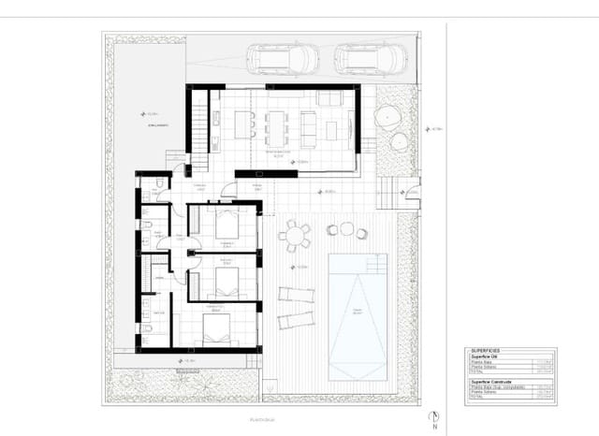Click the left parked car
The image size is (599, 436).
click(x=282, y=59)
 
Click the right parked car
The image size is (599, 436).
click(x=370, y=59)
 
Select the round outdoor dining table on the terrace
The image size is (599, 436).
click(x=294, y=235)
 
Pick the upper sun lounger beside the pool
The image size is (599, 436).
click(x=296, y=294)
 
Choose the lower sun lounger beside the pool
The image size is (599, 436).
click(x=296, y=320)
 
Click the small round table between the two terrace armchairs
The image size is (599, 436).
click(x=347, y=228)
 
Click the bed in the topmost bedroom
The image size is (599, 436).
click(x=227, y=225)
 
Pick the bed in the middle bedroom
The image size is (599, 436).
click(x=227, y=279)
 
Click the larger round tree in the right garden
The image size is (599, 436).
click(x=387, y=117)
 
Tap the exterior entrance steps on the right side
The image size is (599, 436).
click(x=386, y=193)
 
